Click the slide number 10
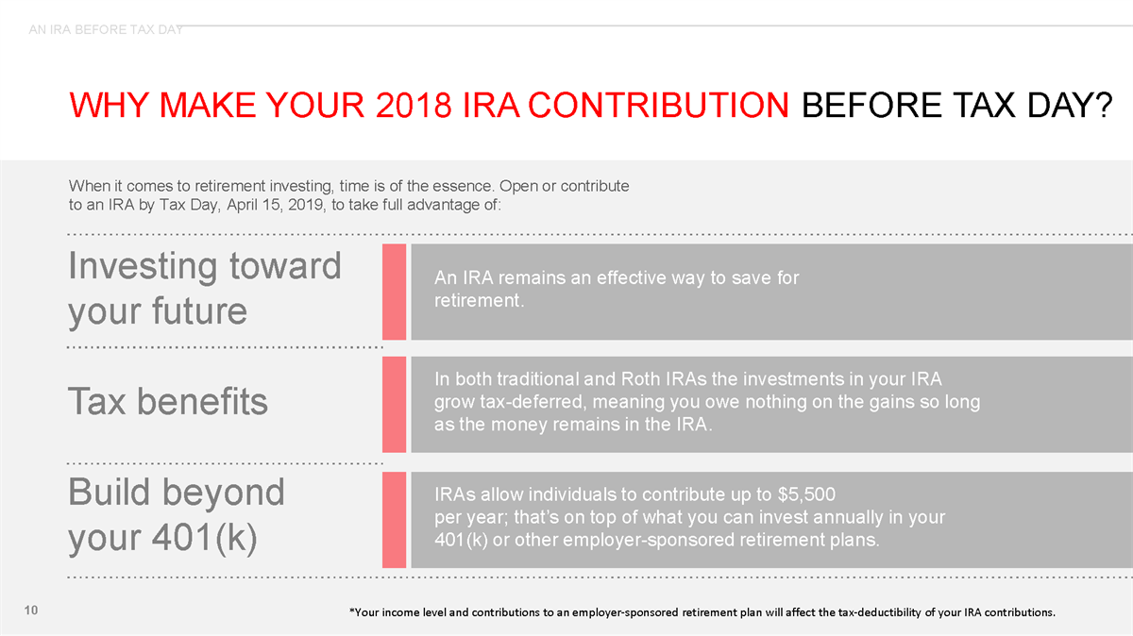[x=31, y=612]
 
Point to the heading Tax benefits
[x=168, y=402]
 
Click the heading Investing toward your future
[x=204, y=288]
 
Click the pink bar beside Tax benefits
[x=394, y=404]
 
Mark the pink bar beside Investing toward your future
[x=394, y=291]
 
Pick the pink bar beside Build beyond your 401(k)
[x=394, y=520]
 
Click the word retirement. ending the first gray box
[x=479, y=302]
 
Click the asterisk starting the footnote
[x=351, y=611]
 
